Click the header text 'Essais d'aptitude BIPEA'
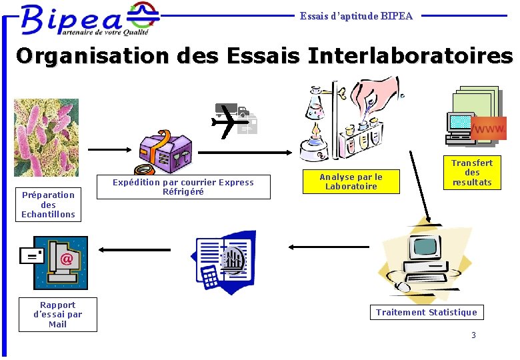coord(356,15)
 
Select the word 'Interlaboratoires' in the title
coord(410,55)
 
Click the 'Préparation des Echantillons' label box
coord(48,205)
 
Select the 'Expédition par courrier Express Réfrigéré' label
coord(183,187)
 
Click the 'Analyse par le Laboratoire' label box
coord(351,181)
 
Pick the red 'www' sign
coord(489,128)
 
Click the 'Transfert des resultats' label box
coord(471,173)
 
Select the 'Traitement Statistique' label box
coord(427,312)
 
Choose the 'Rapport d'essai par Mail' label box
coord(58,315)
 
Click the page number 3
coord(473,335)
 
